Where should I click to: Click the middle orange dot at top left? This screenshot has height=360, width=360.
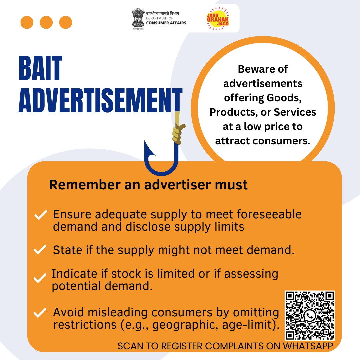[46, 23]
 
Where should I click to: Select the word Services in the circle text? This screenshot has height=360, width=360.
[295, 112]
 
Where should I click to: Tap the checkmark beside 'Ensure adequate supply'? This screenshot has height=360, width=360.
[41, 216]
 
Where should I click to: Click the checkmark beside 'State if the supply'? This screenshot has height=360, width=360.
[40, 250]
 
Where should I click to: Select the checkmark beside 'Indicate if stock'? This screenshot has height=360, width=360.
[40, 278]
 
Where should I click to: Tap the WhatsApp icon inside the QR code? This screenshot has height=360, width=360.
[310, 315]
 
